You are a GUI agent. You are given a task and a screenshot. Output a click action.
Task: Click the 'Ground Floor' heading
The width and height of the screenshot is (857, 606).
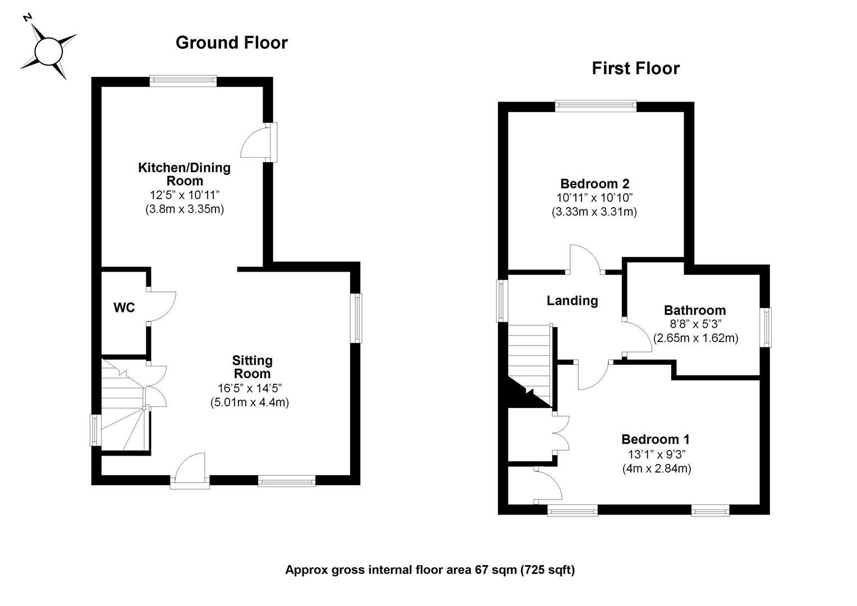click(231, 43)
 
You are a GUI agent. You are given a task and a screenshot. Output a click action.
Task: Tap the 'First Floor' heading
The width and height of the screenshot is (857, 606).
click(635, 68)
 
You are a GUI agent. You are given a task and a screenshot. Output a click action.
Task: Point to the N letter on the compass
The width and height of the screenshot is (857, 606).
click(27, 17)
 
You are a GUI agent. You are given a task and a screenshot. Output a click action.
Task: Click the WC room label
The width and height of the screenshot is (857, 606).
click(124, 307)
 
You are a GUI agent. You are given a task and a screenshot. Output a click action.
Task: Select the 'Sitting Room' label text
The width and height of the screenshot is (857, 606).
click(252, 367)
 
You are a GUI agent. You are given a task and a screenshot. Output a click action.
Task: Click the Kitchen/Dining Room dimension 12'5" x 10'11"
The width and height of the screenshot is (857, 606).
click(185, 195)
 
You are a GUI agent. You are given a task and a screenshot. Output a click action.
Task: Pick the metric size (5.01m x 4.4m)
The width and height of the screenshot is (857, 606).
click(249, 402)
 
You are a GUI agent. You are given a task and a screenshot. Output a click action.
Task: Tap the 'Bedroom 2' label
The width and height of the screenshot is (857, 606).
click(594, 183)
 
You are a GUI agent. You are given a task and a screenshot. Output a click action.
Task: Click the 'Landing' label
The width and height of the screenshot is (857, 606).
click(572, 301)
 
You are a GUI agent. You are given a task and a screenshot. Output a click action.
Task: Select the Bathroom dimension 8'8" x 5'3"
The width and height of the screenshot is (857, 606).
click(695, 324)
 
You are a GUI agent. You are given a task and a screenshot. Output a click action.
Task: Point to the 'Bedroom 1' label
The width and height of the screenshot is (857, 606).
click(656, 439)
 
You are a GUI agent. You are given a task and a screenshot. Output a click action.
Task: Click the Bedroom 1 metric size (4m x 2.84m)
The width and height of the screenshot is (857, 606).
click(657, 469)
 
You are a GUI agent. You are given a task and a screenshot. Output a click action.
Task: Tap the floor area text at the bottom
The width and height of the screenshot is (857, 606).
click(430, 570)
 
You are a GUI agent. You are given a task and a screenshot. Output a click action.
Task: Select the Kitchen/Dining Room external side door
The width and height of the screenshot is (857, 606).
click(259, 143)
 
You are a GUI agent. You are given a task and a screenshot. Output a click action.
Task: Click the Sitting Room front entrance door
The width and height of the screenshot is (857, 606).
click(190, 471)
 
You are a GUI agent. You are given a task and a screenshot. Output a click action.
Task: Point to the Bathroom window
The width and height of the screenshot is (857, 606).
click(766, 327)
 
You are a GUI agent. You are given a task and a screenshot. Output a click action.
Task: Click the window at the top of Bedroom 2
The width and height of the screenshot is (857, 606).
click(595, 106)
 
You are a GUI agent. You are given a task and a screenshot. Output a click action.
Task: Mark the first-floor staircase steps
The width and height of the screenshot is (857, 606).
click(529, 365)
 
